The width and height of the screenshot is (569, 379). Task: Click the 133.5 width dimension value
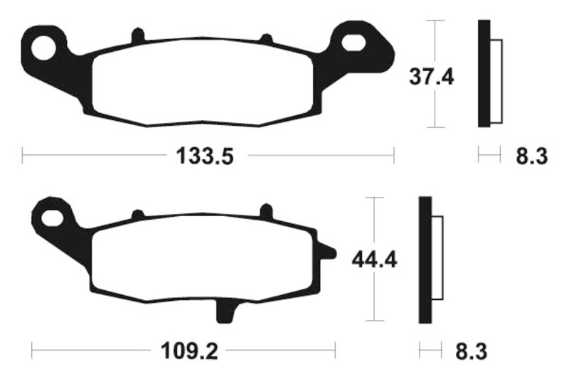coord(206,155)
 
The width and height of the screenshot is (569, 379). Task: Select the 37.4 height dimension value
coord(431,75)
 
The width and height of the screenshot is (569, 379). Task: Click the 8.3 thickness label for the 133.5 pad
coord(531,155)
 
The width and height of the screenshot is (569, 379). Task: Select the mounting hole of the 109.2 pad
coord(52,215)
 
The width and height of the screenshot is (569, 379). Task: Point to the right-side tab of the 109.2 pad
coord(326,251)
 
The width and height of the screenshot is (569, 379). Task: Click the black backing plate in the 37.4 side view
coord(484,74)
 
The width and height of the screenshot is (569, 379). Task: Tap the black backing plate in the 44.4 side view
coord(425,260)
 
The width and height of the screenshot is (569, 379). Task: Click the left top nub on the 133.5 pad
coord(139,35)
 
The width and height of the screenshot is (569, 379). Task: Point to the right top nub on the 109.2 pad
coord(267,211)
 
